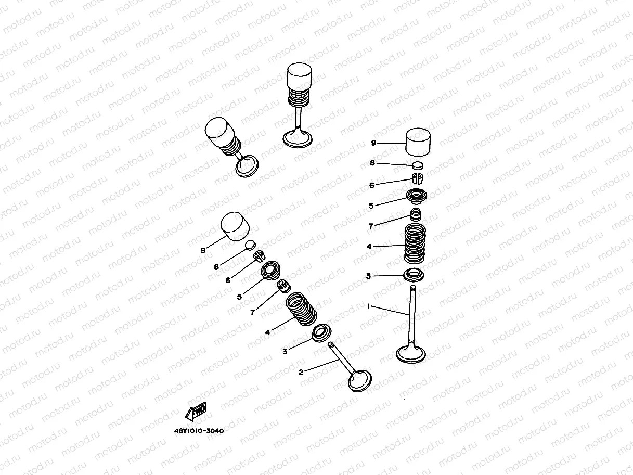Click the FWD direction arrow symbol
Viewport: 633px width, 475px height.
196,412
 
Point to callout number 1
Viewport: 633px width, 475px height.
368,307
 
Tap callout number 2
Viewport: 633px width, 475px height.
301,372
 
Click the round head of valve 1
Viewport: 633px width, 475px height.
411,354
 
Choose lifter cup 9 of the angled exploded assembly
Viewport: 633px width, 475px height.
234,225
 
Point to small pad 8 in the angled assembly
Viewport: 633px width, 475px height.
250,245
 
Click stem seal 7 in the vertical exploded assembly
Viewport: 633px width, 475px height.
416,214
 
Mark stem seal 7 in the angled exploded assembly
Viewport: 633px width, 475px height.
283,286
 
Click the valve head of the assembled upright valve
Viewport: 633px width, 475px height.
298,139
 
